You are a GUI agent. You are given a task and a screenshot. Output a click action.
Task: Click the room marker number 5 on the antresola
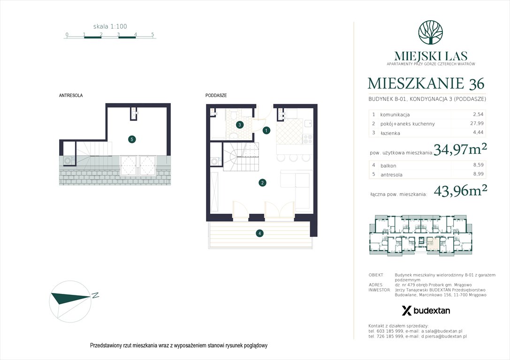click(x=132, y=139)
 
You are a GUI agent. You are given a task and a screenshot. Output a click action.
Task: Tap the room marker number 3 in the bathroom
click(x=240, y=125)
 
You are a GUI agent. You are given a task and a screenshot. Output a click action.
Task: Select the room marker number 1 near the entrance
click(x=266, y=130)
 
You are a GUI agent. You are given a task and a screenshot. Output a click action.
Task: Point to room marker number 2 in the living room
click(x=263, y=183)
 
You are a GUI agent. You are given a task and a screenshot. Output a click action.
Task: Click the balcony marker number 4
click(x=259, y=233)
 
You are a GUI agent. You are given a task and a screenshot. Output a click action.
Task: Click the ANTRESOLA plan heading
click(x=71, y=95)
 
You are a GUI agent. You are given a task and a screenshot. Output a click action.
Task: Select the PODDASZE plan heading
click(x=216, y=95)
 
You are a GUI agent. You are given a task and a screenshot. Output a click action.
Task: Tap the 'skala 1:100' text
click(x=110, y=27)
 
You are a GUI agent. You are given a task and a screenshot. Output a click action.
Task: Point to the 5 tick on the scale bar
click(x=153, y=34)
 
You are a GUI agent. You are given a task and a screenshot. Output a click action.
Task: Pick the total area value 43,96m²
click(x=460, y=190)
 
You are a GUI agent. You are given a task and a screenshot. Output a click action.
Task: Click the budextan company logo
click(x=426, y=310)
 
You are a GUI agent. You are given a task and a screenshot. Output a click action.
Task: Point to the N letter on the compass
click(x=95, y=295)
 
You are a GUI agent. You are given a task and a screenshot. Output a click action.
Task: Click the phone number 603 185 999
click(x=398, y=331)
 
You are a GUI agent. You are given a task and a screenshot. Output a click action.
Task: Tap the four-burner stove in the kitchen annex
click(x=308, y=139)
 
